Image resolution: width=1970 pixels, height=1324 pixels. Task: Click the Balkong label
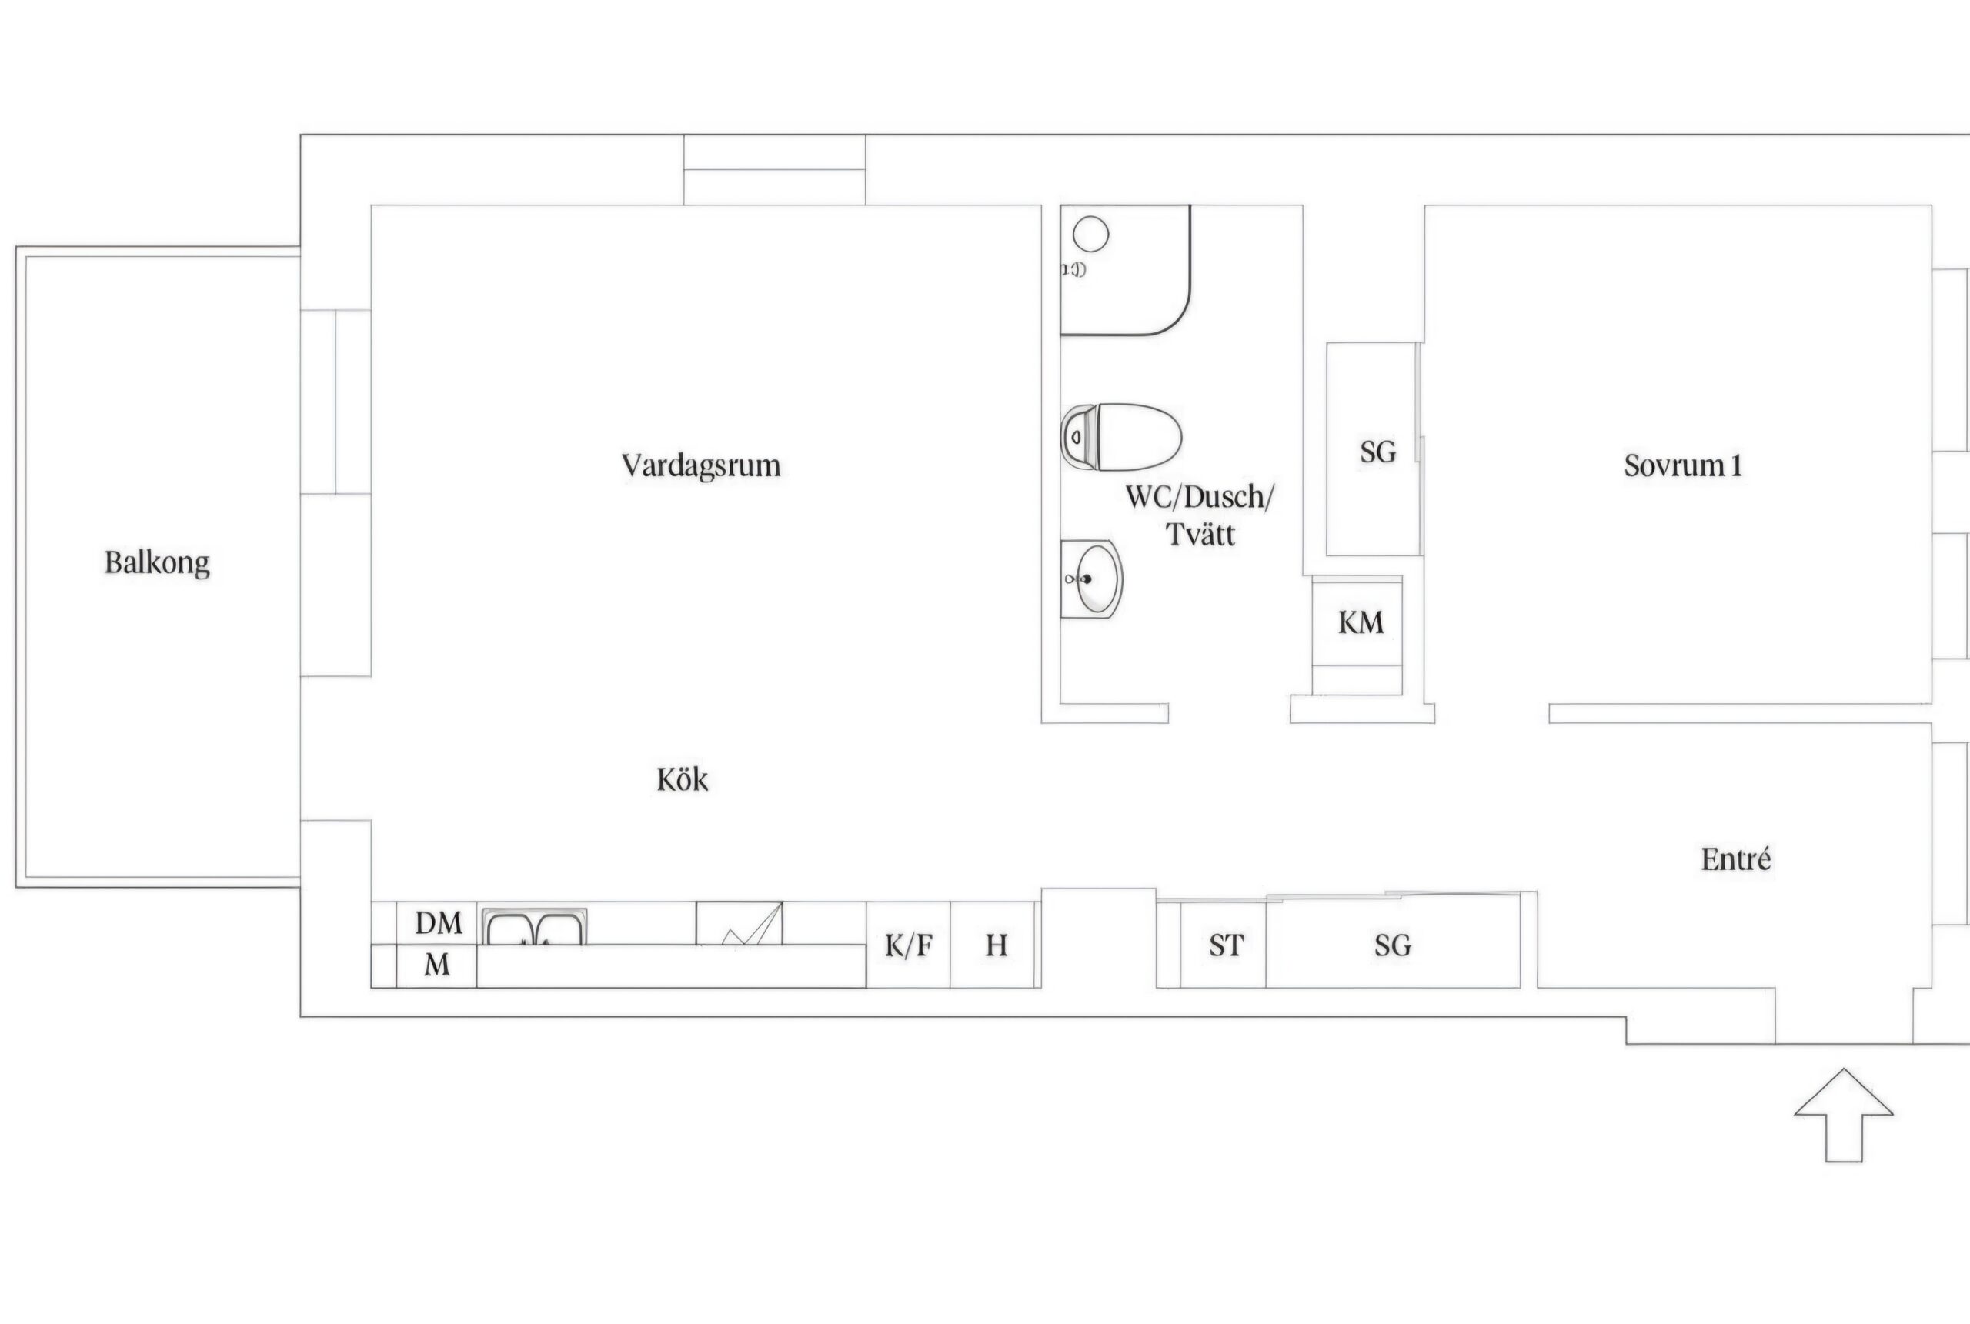click(x=157, y=563)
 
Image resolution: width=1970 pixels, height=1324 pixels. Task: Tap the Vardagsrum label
click(x=701, y=466)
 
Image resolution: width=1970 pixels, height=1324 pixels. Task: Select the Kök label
click(x=683, y=779)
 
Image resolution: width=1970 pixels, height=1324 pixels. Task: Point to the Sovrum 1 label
click(x=1683, y=466)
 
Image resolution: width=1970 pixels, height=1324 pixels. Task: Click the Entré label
click(x=1735, y=859)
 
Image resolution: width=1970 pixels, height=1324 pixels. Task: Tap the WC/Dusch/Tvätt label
click(x=1200, y=515)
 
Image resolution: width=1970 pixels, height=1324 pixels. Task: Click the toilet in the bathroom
click(x=1121, y=436)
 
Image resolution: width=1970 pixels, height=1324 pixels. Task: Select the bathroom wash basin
click(x=1092, y=579)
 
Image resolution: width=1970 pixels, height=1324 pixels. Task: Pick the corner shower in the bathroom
click(x=1126, y=270)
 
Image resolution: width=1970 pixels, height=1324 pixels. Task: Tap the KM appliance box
click(x=1357, y=635)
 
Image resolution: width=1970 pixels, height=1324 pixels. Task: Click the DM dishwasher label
click(x=438, y=923)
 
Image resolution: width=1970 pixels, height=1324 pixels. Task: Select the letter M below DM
click(x=436, y=964)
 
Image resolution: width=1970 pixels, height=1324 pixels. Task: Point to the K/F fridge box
click(x=909, y=945)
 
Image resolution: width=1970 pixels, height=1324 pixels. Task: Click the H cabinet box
click(x=996, y=945)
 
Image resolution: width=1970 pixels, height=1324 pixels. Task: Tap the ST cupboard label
click(x=1226, y=945)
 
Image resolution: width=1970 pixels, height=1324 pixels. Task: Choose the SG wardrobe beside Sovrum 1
click(x=1374, y=449)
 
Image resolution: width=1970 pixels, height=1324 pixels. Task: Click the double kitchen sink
click(x=535, y=926)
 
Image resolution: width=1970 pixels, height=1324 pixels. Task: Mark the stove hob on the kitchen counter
click(x=739, y=924)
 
